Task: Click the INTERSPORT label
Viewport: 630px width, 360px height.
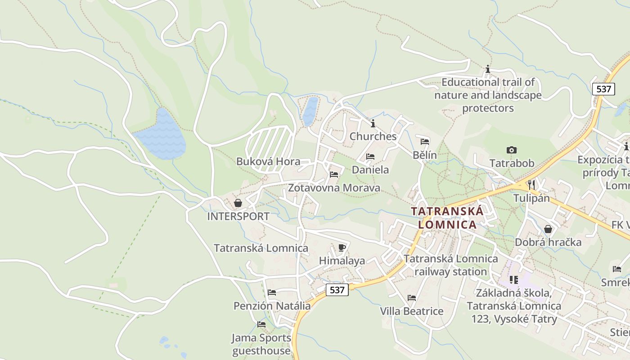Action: [x=238, y=216]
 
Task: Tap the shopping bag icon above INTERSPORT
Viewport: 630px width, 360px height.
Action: [x=238, y=203]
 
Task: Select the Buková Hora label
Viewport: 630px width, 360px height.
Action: [x=268, y=162]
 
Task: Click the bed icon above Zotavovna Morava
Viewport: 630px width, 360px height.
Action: [x=333, y=175]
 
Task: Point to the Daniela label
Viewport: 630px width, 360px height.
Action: [x=370, y=170]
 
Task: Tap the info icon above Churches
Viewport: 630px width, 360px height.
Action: [x=373, y=123]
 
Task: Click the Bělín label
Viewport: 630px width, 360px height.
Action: [x=424, y=155]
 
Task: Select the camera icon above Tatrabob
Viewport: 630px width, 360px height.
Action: [x=511, y=150]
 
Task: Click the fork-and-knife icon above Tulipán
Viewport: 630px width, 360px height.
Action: [x=531, y=184]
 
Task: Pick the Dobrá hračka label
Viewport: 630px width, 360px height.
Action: [x=548, y=242]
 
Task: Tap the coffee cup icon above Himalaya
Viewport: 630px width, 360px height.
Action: [x=342, y=247]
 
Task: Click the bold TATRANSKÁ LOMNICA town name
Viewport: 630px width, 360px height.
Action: [x=447, y=218]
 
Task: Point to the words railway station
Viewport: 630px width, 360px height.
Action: [x=450, y=272]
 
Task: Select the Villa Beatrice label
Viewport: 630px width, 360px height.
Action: [x=411, y=311]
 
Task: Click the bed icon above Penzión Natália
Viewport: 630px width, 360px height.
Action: [x=271, y=292]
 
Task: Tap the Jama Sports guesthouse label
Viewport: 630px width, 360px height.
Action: [x=261, y=344]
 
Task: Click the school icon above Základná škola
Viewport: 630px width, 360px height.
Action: [x=513, y=280]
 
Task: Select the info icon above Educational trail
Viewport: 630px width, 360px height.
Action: [x=487, y=69]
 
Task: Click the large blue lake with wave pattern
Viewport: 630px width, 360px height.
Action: [x=162, y=135]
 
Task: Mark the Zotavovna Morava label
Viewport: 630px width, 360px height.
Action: [x=333, y=188]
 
